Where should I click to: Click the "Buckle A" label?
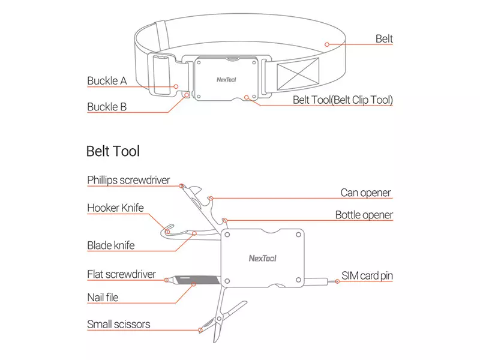click(107, 81)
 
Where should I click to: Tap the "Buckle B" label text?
click(107, 107)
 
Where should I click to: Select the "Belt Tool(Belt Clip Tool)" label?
click(343, 100)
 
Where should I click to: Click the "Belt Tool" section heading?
click(113, 151)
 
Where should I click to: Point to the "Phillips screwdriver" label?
click(128, 181)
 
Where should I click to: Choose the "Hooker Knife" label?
click(115, 208)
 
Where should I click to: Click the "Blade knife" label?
click(111, 245)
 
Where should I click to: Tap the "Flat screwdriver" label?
click(122, 274)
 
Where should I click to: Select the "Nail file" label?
click(103, 298)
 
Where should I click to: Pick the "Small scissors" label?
click(118, 324)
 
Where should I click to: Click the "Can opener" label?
click(365, 193)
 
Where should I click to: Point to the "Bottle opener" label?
click(364, 215)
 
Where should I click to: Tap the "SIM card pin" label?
click(367, 276)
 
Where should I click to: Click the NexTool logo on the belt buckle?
click(226, 80)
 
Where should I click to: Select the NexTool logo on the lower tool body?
click(262, 259)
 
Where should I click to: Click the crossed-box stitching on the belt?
click(298, 74)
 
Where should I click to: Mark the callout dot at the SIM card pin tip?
click(337, 281)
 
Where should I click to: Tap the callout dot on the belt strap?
click(327, 44)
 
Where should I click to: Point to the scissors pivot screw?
click(219, 319)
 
